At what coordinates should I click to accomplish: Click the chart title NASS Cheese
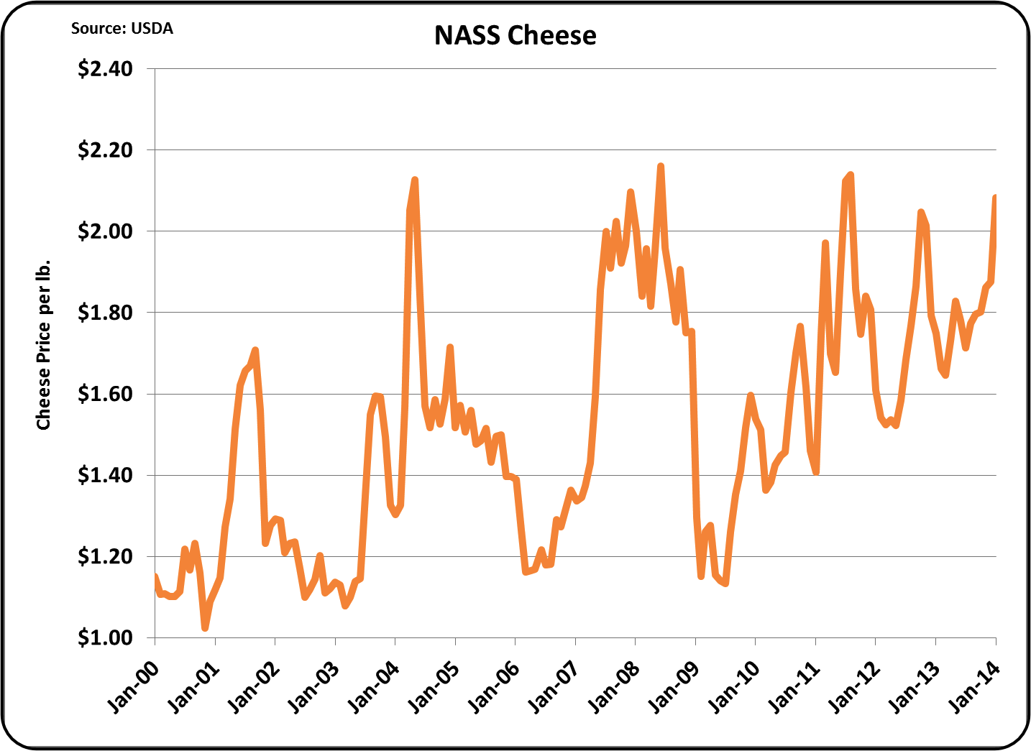tap(515, 35)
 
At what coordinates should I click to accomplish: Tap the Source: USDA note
tap(122, 29)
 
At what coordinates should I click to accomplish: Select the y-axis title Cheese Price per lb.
tap(43, 345)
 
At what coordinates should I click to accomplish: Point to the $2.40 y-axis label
tap(105, 69)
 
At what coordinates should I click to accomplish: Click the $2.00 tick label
tap(105, 231)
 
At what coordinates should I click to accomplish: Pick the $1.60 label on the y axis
tap(105, 395)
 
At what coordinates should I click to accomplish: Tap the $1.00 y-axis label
tap(105, 637)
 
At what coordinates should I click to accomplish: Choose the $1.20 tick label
tap(105, 557)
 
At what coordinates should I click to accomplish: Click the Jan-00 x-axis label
tap(133, 688)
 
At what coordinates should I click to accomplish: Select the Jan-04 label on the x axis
tap(373, 688)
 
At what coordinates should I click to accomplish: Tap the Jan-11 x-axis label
tap(794, 688)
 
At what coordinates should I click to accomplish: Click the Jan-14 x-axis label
tap(974, 688)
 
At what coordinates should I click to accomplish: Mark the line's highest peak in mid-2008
tap(661, 166)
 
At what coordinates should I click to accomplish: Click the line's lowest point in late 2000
tap(206, 627)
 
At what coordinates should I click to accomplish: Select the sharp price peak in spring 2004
tap(415, 180)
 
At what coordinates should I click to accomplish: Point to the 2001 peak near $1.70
tap(255, 351)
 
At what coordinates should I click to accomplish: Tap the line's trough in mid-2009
tap(726, 584)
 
